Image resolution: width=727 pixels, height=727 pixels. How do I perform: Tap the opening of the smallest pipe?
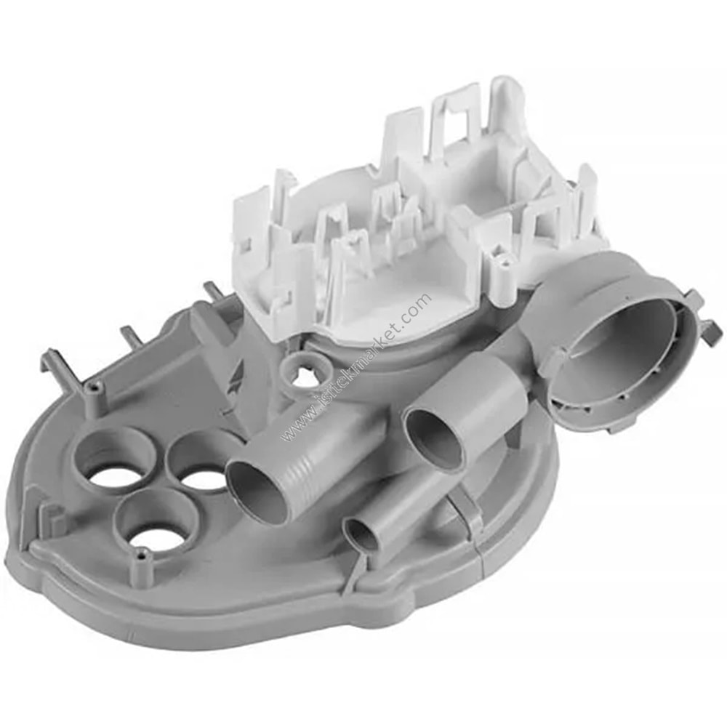pyautogui.click(x=361, y=536)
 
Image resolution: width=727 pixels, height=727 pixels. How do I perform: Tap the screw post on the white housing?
pyautogui.click(x=502, y=258)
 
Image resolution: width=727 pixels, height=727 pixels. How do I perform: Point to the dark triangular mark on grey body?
pyautogui.click(x=236, y=371)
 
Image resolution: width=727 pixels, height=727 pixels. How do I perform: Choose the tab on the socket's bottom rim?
pyautogui.click(x=614, y=425)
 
